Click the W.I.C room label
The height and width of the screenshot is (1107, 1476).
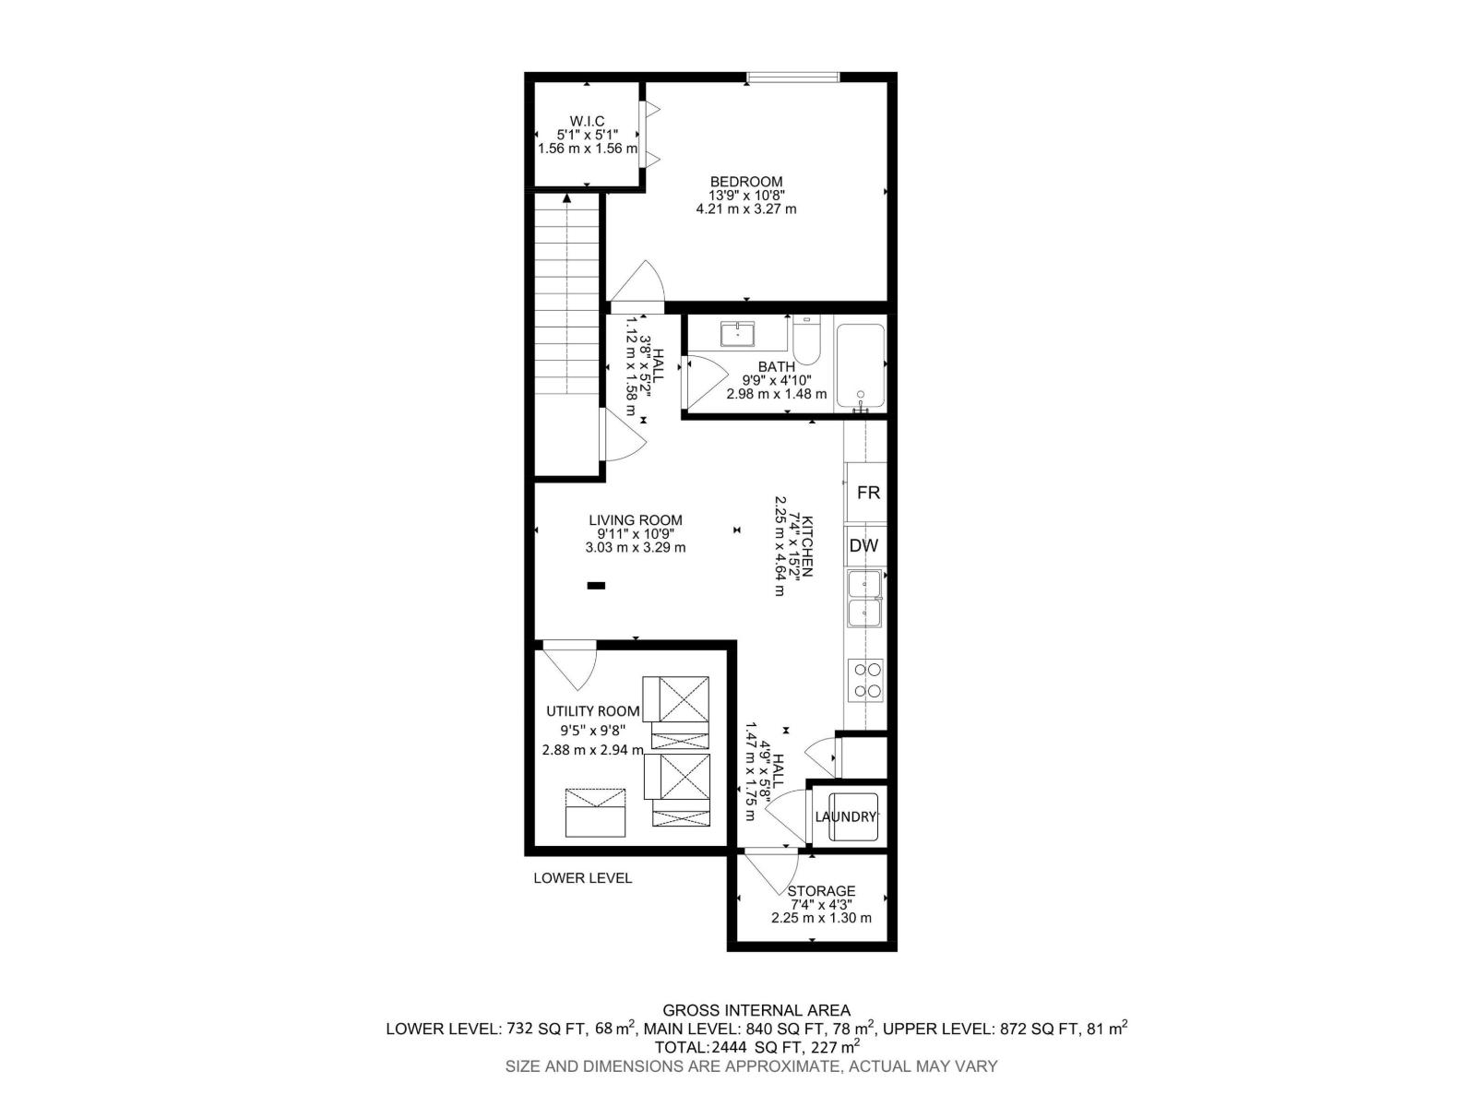click(x=587, y=121)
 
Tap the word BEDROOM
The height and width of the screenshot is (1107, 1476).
click(x=745, y=182)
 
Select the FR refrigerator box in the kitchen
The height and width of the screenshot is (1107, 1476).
click(x=867, y=493)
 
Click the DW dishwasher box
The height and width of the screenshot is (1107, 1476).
click(x=863, y=545)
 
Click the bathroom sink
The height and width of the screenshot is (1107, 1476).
click(x=738, y=333)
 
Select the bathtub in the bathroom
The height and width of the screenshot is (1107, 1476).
click(x=860, y=366)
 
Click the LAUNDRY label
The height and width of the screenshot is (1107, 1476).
click(x=845, y=816)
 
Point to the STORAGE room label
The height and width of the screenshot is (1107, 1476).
click(x=821, y=891)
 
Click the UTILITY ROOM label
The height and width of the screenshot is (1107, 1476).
click(x=592, y=711)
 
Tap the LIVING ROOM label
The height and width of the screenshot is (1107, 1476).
click(x=636, y=520)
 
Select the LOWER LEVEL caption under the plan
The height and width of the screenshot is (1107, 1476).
click(x=582, y=878)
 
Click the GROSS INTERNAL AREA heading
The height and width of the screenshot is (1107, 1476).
click(x=756, y=1011)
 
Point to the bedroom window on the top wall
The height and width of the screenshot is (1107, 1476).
click(x=792, y=77)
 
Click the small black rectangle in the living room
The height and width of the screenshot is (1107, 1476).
click(x=596, y=585)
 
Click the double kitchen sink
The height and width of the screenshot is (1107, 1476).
click(x=865, y=598)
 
